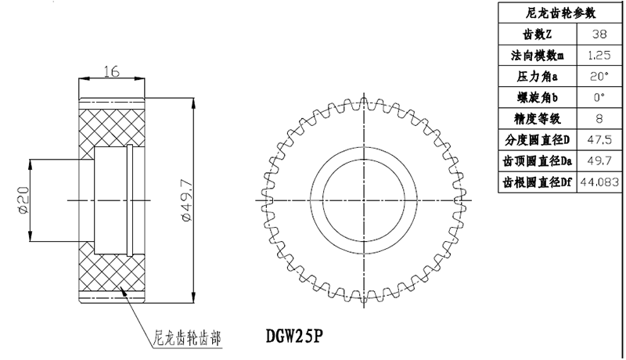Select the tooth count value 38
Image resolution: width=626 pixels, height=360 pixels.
pos(599,35)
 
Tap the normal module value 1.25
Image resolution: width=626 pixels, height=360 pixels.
pos(599,56)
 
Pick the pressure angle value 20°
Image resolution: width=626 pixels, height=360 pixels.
pos(599,77)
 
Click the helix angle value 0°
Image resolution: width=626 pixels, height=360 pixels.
pos(599,98)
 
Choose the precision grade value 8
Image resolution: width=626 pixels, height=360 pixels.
pos(599,119)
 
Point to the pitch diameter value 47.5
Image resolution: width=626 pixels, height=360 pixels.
pos(599,140)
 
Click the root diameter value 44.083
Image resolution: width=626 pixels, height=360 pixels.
pos(599,182)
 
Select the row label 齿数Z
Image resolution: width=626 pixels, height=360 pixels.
pos(537,35)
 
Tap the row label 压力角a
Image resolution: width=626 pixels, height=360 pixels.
pos(537,77)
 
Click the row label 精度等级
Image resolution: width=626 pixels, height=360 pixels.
pos(537,119)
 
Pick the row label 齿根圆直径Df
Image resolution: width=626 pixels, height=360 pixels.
pos(537,182)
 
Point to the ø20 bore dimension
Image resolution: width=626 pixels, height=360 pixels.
pos(22,200)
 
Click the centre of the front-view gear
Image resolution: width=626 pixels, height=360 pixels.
pos(364,200)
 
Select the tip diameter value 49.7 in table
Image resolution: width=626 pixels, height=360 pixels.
pos(599,161)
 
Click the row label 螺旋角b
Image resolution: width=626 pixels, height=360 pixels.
pos(537,98)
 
